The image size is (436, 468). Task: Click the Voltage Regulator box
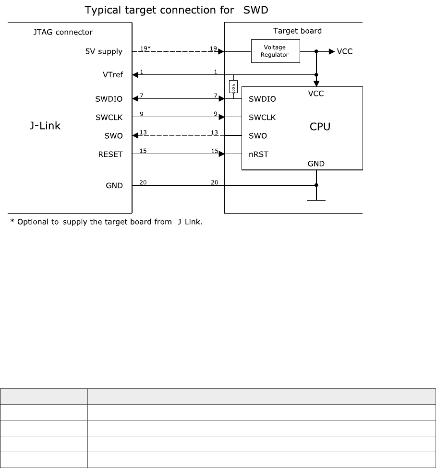pyautogui.click(x=275, y=51)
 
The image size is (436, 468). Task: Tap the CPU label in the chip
pyautogui.click(x=320, y=127)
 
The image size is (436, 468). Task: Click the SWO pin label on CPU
pyautogui.click(x=257, y=136)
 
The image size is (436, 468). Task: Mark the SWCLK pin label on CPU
pyautogui.click(x=262, y=117)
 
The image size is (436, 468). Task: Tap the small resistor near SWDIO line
pyautogui.click(x=233, y=87)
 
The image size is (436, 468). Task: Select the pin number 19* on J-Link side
pyautogui.click(x=145, y=48)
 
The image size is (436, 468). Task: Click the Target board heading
pyautogui.click(x=298, y=31)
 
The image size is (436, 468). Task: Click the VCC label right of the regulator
pyautogui.click(x=344, y=51)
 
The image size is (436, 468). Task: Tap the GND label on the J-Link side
pyautogui.click(x=114, y=185)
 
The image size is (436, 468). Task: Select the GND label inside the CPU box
pyautogui.click(x=316, y=164)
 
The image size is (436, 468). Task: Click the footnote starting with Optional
pyautogui.click(x=107, y=222)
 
